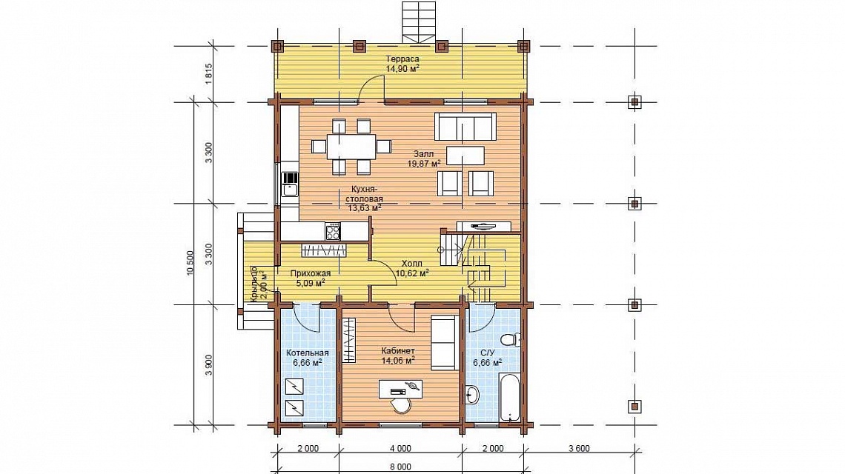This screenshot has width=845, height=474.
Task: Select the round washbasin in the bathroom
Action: [x=472, y=395]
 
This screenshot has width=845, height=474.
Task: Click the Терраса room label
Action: [x=402, y=59]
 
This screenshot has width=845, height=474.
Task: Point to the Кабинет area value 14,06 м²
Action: [x=398, y=361]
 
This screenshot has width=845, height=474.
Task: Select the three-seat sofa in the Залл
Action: [x=465, y=127]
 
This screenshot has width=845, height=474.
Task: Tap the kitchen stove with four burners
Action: [x=333, y=232]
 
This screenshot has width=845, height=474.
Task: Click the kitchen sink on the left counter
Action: [x=289, y=190]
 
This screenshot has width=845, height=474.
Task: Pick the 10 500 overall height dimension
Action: [x=190, y=264]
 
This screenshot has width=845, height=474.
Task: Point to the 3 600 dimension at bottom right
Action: [x=579, y=448]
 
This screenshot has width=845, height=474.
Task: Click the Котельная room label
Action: [x=307, y=353]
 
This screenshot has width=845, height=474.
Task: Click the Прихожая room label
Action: [x=311, y=273]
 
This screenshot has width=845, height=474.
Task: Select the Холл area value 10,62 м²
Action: [x=412, y=273]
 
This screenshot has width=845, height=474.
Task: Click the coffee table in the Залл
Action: [x=465, y=156]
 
